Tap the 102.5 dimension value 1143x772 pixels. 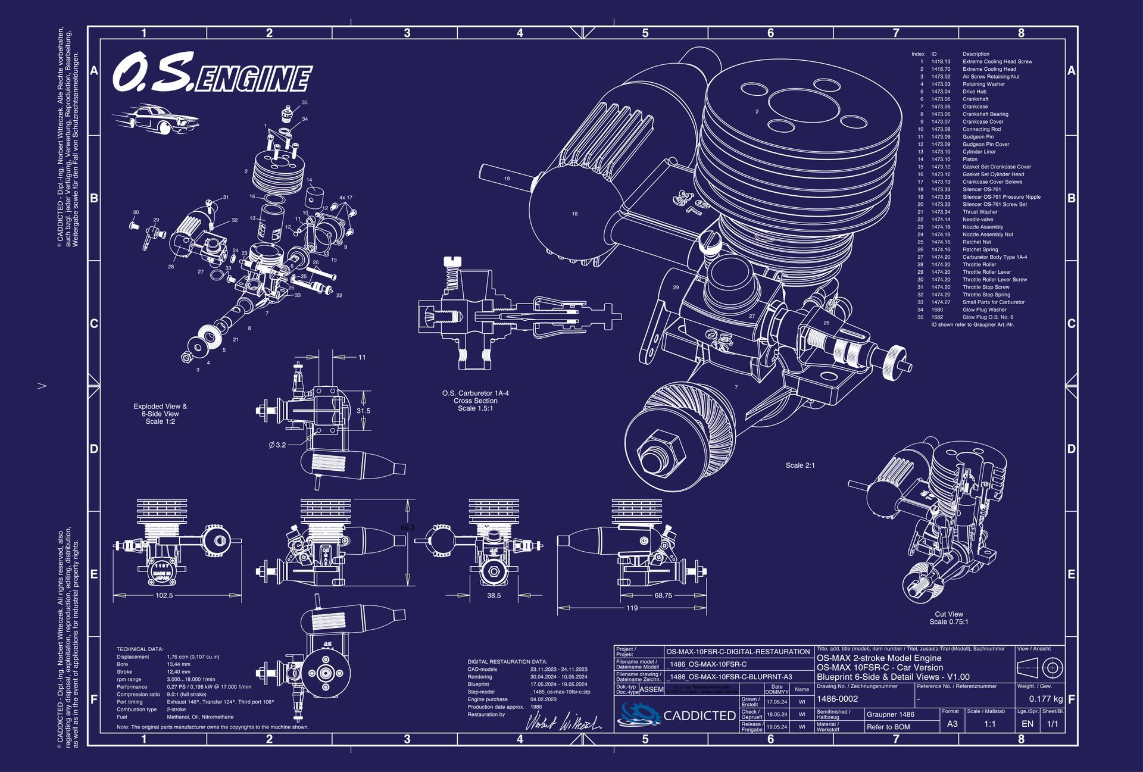tap(164, 595)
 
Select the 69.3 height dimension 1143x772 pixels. tap(408, 527)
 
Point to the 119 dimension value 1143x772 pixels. tap(632, 608)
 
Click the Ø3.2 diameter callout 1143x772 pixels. tap(277, 445)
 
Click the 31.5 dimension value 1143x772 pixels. tap(363, 411)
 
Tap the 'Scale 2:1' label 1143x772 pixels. tap(800, 465)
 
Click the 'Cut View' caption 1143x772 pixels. tap(949, 614)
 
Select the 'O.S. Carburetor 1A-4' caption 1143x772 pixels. tap(475, 393)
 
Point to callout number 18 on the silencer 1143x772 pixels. tap(574, 214)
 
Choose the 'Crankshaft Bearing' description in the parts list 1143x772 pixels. tap(985, 114)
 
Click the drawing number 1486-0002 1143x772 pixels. tap(838, 699)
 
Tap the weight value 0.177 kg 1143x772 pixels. tap(1045, 699)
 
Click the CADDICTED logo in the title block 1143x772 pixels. tap(677, 715)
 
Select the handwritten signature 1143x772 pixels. tap(563, 722)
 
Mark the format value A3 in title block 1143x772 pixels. tap(952, 724)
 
